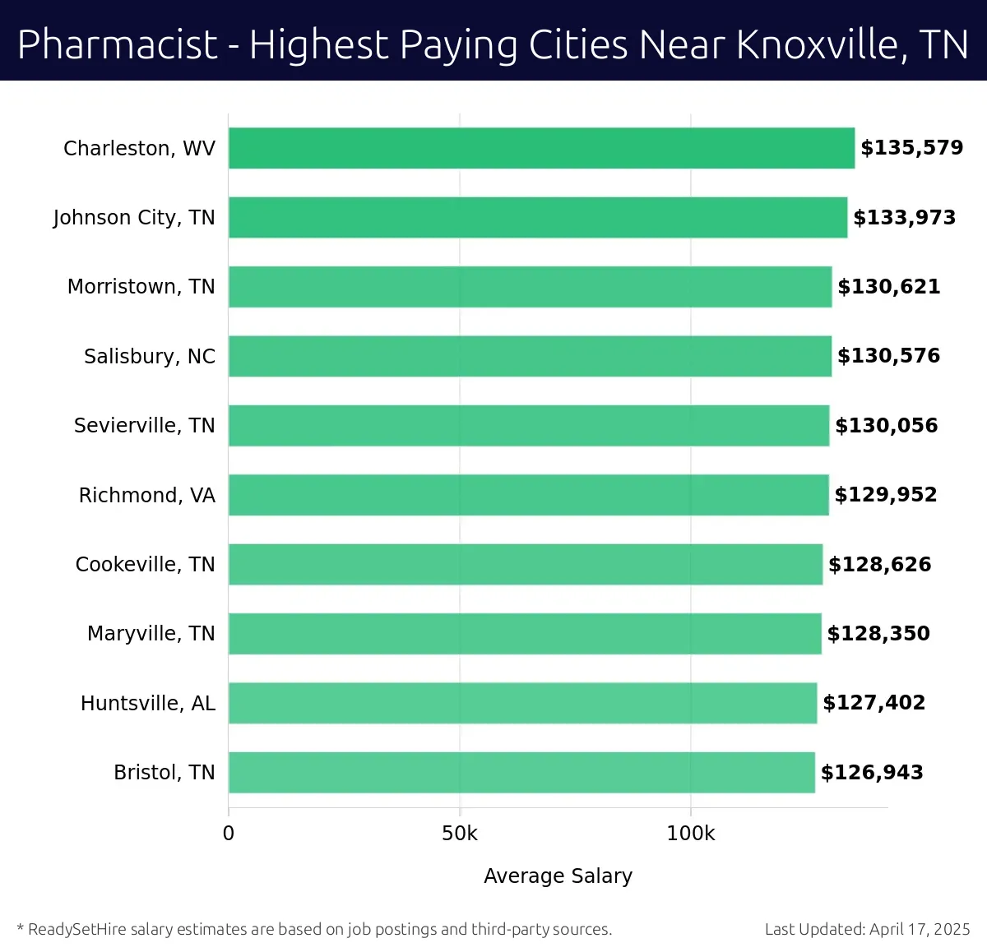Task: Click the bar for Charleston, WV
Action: coord(541,148)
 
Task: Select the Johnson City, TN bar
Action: coord(538,217)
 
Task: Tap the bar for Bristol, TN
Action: coord(521,772)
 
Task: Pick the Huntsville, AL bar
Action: coord(522,703)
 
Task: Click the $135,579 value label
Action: coord(911,148)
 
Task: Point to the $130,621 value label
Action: coord(888,287)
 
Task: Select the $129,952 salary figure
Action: coord(885,495)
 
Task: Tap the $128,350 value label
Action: coord(878,634)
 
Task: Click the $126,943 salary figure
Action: coord(872,773)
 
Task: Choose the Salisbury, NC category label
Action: coord(149,356)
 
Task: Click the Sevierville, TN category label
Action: coord(144,426)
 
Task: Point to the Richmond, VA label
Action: coord(146,495)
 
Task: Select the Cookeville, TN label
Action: coord(145,565)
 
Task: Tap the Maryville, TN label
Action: coord(151,634)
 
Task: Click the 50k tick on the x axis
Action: coord(459,834)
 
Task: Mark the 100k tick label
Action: coord(690,834)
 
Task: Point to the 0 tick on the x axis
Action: coord(229,834)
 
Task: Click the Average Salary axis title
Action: coord(558,876)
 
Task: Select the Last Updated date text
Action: coord(867,929)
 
